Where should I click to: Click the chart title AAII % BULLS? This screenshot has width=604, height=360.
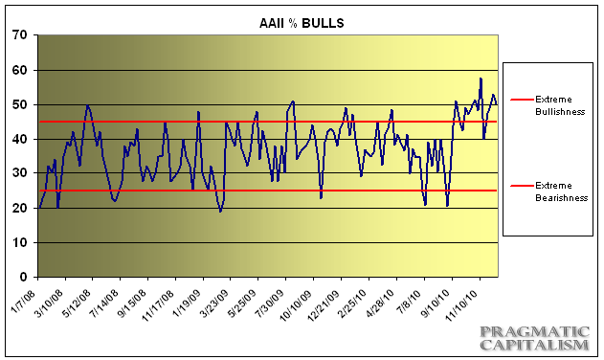point(270,20)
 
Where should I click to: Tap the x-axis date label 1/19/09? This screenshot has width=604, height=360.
point(188,297)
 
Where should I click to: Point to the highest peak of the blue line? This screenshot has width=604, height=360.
point(481,79)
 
